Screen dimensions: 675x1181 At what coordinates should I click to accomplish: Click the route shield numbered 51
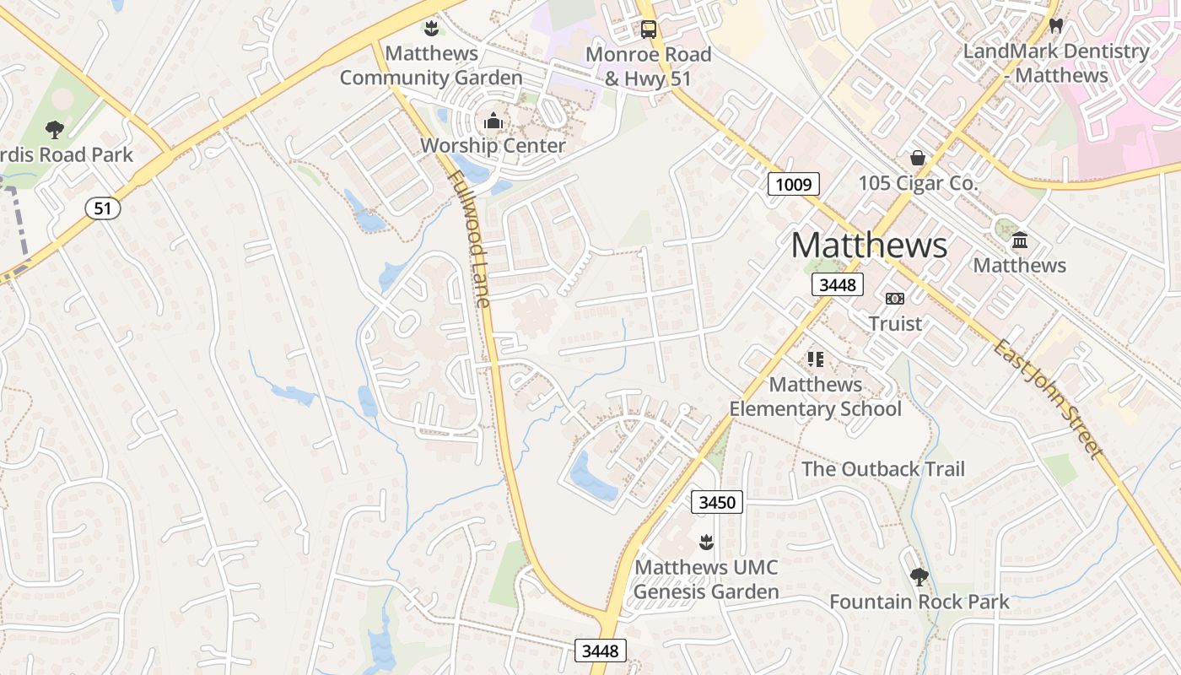[102, 208]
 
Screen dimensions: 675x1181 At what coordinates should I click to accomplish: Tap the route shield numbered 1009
[794, 184]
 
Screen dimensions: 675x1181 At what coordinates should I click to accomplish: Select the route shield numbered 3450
[718, 502]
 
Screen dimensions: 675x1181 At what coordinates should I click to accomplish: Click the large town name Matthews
[869, 245]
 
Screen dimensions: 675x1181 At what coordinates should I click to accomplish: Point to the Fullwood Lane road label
[469, 239]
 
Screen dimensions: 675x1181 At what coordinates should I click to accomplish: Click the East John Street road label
[1049, 398]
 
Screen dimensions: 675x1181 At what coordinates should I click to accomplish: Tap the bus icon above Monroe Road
[648, 30]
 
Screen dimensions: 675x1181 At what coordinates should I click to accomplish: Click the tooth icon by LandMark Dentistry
[1056, 26]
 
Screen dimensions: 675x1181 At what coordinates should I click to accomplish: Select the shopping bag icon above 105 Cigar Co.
[917, 158]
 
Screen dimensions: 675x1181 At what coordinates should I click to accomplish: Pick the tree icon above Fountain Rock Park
[919, 577]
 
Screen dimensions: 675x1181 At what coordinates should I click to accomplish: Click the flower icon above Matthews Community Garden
[431, 29]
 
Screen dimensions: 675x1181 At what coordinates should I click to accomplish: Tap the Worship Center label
[493, 145]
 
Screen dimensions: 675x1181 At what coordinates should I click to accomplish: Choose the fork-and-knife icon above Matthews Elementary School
[815, 359]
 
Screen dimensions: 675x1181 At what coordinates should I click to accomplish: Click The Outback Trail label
[882, 469]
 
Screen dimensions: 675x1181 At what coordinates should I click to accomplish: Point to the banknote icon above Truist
[894, 299]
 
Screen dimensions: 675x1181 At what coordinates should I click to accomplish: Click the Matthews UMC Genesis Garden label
[706, 579]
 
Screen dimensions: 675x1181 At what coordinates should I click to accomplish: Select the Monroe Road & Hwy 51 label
[648, 66]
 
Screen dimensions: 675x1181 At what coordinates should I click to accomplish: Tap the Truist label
[895, 323]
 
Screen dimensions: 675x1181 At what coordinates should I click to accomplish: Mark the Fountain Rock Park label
[919, 602]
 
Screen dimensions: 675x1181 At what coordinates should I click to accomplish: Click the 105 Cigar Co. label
[918, 183]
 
